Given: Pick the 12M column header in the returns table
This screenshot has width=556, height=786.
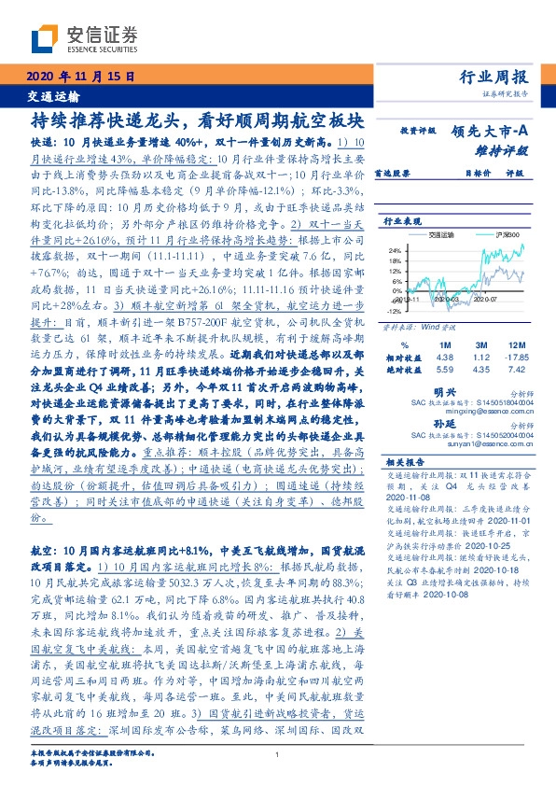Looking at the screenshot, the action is click(510, 345).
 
